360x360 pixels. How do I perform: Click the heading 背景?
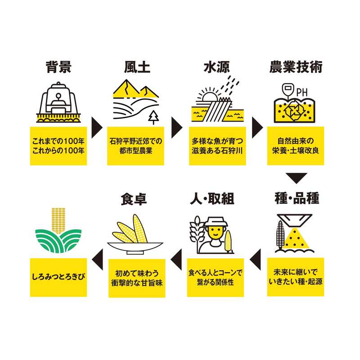click(58, 67)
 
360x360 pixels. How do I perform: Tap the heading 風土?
click(137, 67)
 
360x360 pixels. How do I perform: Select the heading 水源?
click(216, 67)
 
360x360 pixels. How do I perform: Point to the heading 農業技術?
click(296, 67)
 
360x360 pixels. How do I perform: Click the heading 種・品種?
click(297, 198)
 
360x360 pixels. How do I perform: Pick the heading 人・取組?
click(212, 198)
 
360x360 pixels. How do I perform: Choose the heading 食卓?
click(134, 199)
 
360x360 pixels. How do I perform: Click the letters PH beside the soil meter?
click(302, 93)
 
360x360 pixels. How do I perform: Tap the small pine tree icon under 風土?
click(153, 117)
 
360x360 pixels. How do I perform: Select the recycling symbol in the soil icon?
click(294, 111)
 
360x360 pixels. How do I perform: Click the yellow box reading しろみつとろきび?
click(58, 277)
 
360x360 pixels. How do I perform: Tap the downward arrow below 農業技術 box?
click(297, 178)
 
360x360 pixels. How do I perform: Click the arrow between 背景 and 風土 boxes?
click(97, 128)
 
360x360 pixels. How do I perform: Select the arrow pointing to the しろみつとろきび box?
click(97, 260)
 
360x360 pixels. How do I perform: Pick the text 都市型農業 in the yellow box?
click(136, 151)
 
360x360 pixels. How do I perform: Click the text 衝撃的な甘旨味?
click(137, 283)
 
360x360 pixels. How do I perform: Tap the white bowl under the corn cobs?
click(135, 247)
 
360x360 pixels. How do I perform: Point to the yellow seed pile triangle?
click(296, 238)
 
